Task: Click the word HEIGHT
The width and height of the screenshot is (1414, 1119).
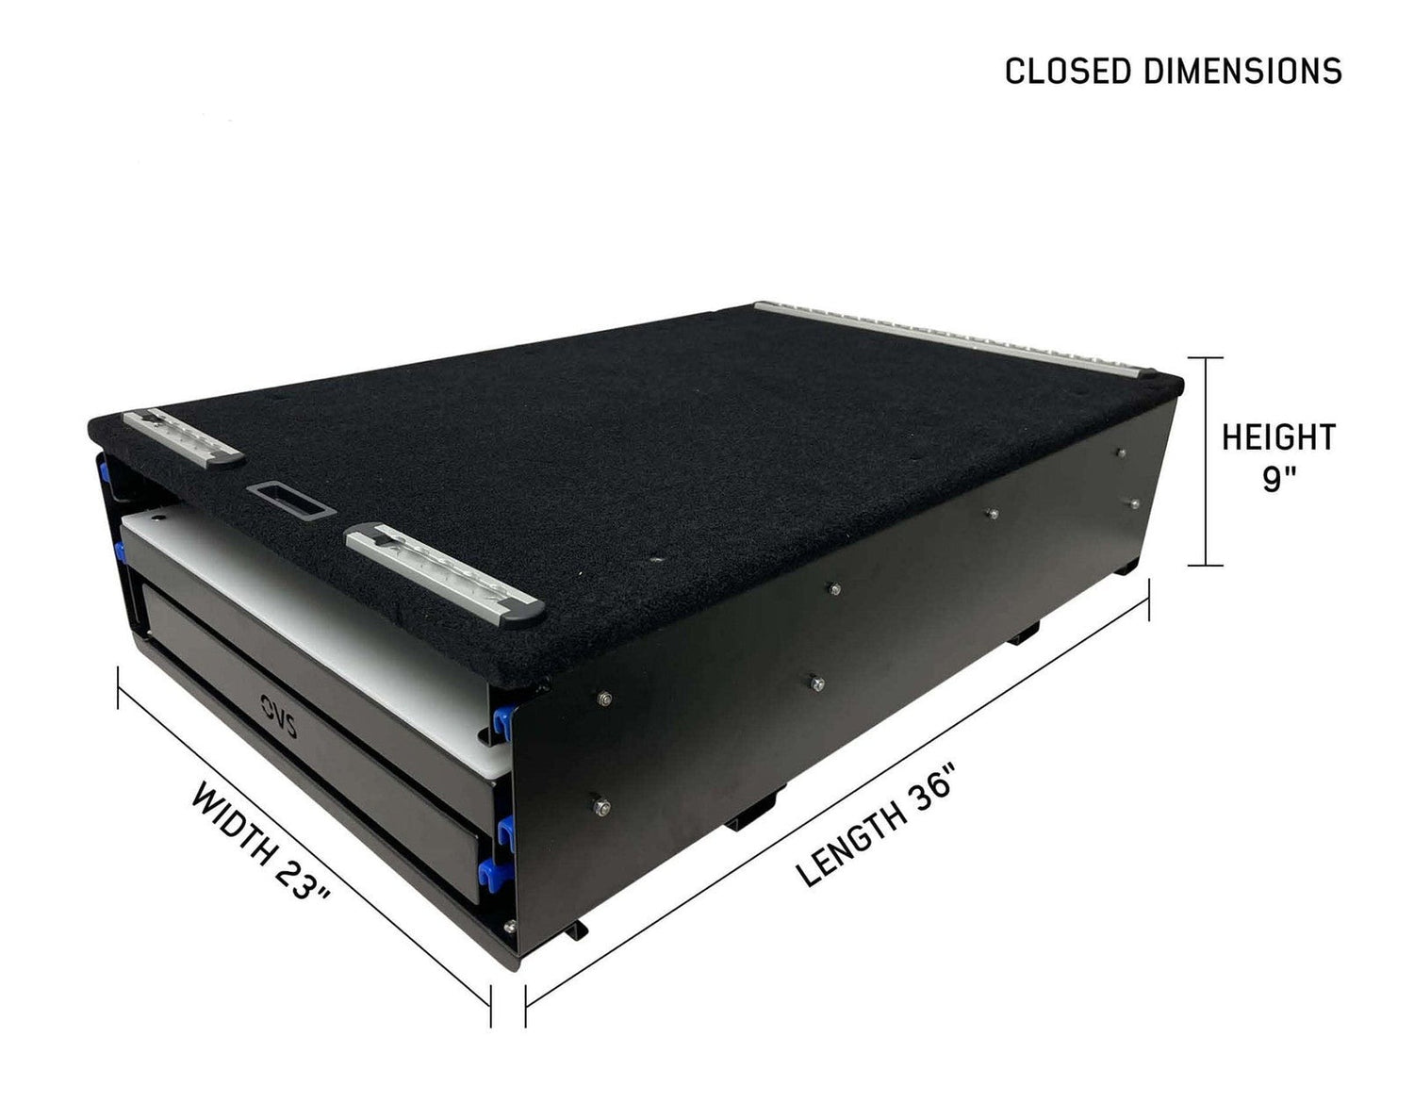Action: [1278, 437]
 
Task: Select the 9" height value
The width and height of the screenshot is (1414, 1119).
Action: [1278, 480]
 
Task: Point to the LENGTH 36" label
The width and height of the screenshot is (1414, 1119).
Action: [877, 814]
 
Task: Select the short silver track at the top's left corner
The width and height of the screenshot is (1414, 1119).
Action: [184, 436]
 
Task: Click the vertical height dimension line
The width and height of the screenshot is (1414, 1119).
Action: [1205, 462]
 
